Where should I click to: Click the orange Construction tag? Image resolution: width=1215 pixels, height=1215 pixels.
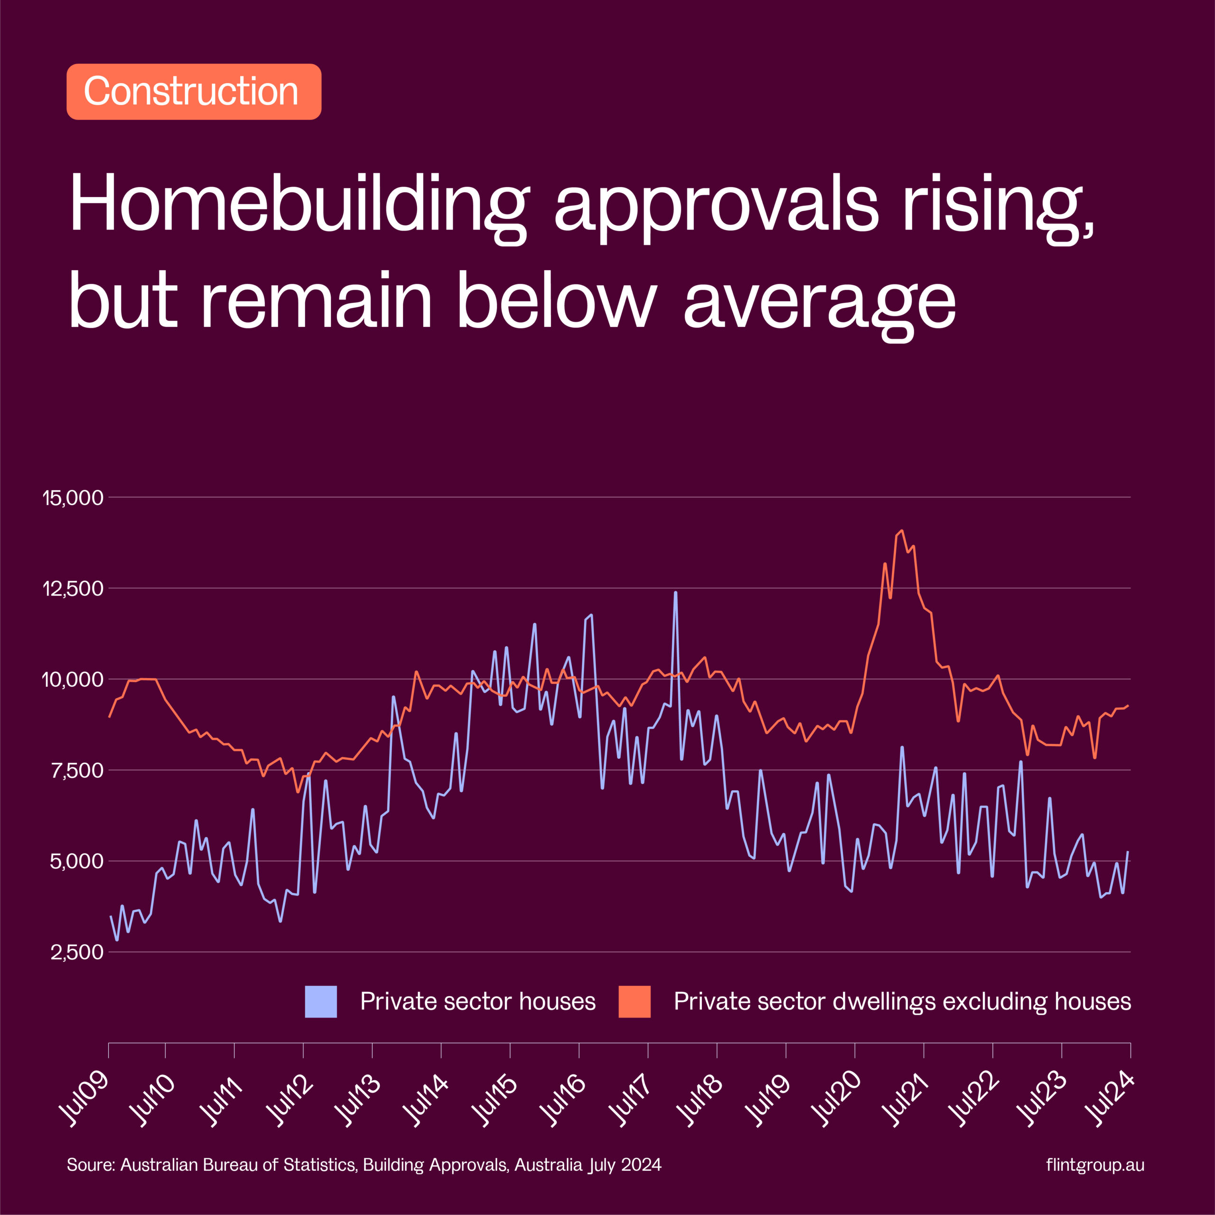194,92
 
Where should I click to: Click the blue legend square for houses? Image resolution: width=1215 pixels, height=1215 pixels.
321,1002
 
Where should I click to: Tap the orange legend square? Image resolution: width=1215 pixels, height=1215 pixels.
635,1002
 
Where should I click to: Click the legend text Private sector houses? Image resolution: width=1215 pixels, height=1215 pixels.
478,1002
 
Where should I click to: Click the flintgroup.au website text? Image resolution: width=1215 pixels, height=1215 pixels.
1095,1165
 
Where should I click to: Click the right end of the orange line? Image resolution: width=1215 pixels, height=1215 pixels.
1129,706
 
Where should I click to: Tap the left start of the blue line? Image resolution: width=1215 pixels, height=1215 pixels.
111,916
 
